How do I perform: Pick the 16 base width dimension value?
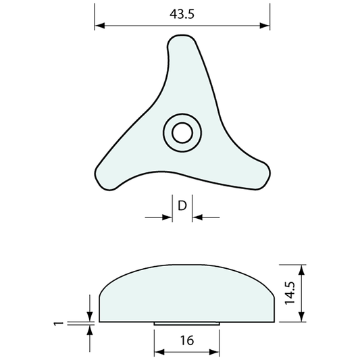click(187, 341)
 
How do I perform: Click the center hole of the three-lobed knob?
click(181, 132)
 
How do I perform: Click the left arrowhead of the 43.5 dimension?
click(99, 26)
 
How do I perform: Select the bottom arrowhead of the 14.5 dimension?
click(303, 319)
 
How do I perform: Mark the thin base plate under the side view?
click(186, 324)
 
